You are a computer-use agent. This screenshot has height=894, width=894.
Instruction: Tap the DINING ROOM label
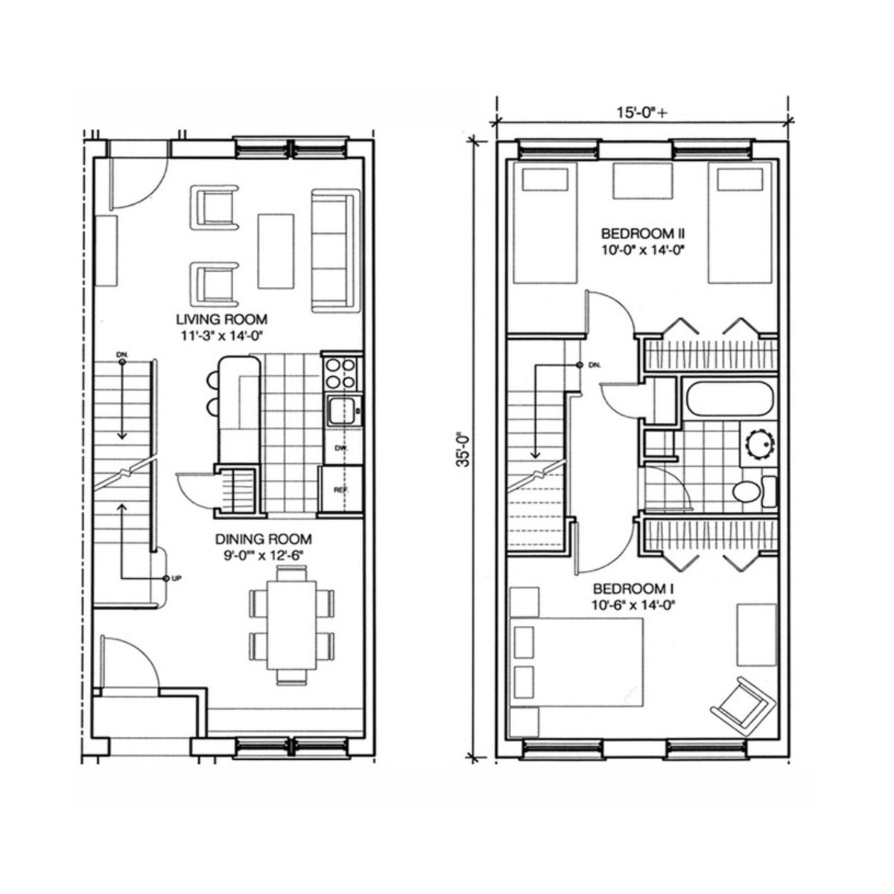[x=263, y=539]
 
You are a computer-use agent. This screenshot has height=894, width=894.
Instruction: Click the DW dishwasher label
[x=340, y=448]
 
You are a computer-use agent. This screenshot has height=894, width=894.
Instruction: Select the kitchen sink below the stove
[x=342, y=410]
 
